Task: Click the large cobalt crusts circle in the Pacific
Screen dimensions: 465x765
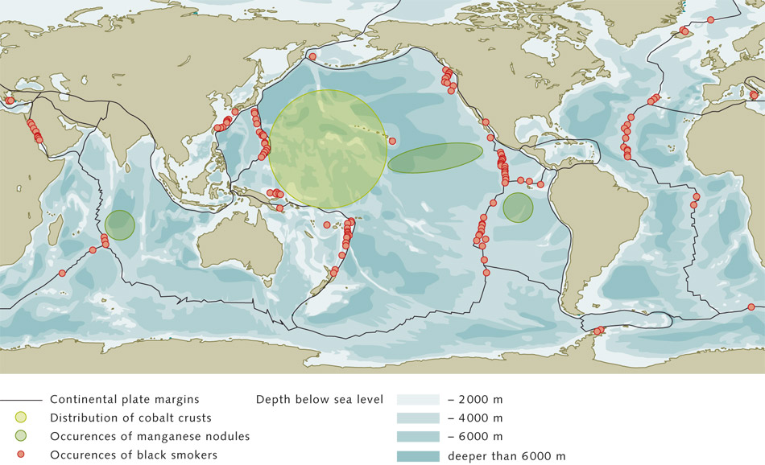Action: click(322, 150)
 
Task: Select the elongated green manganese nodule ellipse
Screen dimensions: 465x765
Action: click(435, 158)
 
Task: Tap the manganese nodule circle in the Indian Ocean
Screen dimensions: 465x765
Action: click(120, 224)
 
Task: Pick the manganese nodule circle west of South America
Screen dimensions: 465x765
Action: click(518, 208)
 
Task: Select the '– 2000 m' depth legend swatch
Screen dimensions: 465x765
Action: click(417, 399)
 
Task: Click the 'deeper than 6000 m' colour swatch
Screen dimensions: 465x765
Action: click(417, 456)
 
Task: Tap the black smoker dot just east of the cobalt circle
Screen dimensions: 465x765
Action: click(392, 142)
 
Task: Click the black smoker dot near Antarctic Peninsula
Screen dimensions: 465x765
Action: click(598, 331)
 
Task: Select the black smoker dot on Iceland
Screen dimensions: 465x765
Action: click(685, 32)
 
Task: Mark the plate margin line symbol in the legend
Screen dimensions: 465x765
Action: click(21, 399)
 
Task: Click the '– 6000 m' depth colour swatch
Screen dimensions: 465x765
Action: click(417, 437)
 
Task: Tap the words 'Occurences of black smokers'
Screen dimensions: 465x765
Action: click(134, 455)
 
